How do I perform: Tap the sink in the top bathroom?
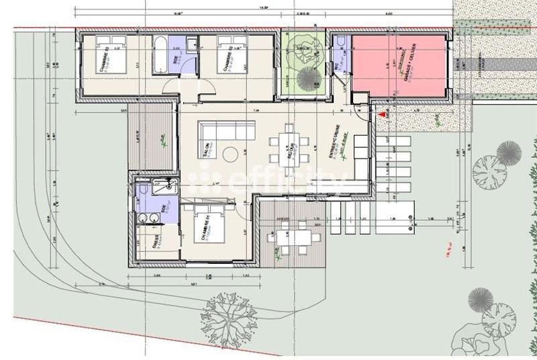[x=191, y=45]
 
